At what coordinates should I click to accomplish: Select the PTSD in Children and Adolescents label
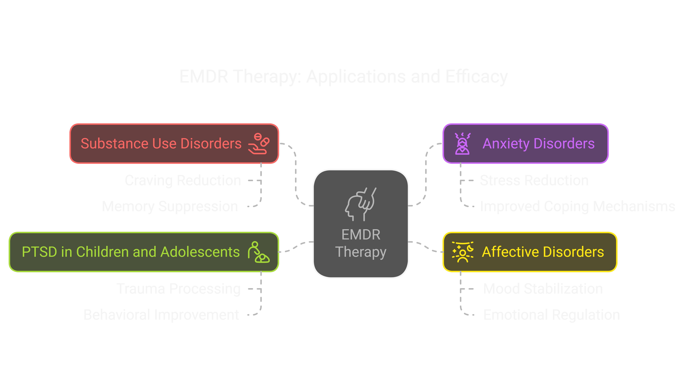tap(131, 252)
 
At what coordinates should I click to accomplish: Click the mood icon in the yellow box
tap(462, 252)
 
